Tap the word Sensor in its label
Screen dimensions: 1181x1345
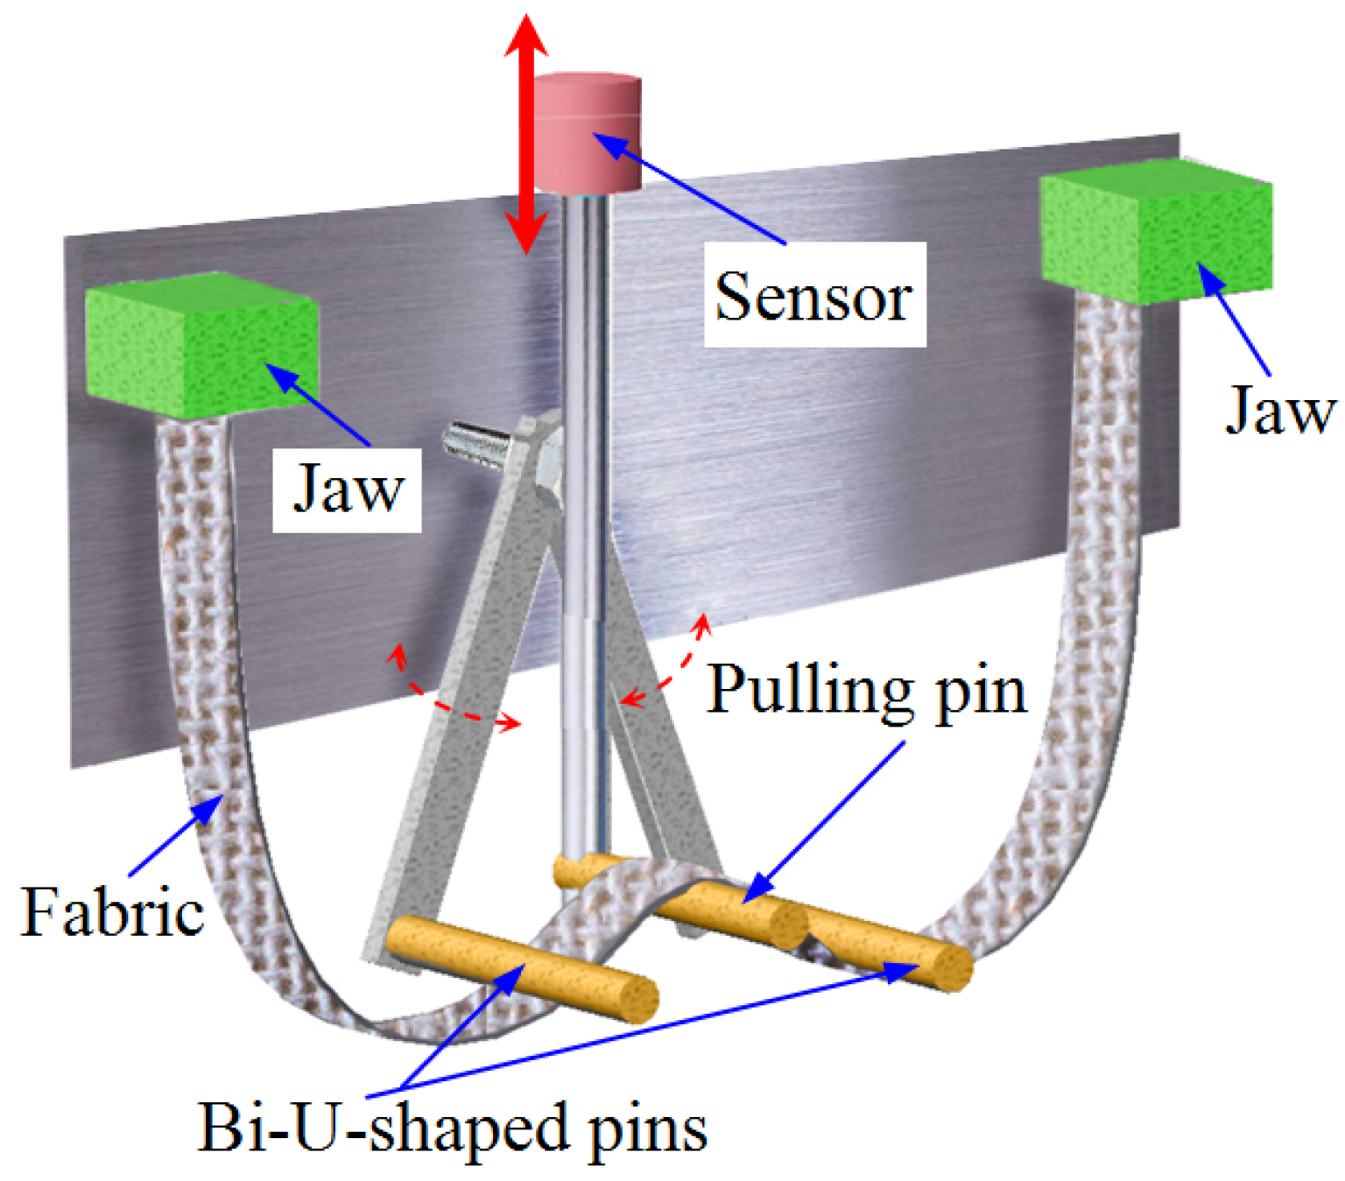click(813, 296)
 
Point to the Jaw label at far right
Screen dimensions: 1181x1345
click(1279, 410)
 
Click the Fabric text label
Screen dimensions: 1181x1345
click(112, 913)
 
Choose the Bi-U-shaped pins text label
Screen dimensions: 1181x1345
click(452, 1128)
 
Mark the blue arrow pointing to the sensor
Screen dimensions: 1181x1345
click(692, 187)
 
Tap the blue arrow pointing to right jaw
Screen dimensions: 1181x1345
click(1236, 320)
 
